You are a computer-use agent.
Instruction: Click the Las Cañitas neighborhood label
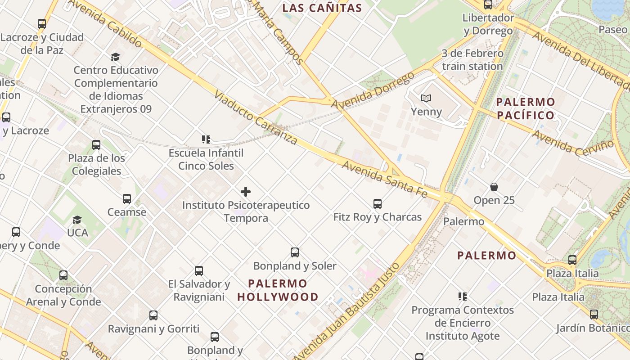click(x=322, y=8)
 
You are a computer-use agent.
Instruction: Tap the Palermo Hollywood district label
click(x=278, y=290)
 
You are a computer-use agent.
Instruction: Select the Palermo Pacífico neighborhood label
click(x=525, y=108)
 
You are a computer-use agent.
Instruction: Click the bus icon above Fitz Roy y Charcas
click(x=378, y=204)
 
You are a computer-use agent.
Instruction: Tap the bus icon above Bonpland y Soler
click(x=295, y=252)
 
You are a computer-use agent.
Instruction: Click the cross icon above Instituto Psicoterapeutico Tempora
click(x=246, y=192)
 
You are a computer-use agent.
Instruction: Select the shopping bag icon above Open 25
click(x=494, y=187)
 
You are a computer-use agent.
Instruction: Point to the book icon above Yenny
click(x=426, y=98)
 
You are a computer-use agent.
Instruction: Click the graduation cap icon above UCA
click(x=77, y=220)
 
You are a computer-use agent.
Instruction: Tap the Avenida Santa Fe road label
click(x=384, y=179)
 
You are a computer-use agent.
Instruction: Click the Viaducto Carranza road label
click(x=256, y=117)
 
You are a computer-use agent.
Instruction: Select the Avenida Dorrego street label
click(x=373, y=90)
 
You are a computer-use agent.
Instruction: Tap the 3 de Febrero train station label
click(x=472, y=60)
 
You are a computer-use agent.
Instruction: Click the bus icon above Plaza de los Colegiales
click(x=96, y=145)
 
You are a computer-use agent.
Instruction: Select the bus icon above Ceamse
click(x=127, y=199)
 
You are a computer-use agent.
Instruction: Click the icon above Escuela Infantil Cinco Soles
click(x=206, y=139)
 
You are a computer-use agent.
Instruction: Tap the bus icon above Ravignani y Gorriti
click(x=153, y=315)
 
